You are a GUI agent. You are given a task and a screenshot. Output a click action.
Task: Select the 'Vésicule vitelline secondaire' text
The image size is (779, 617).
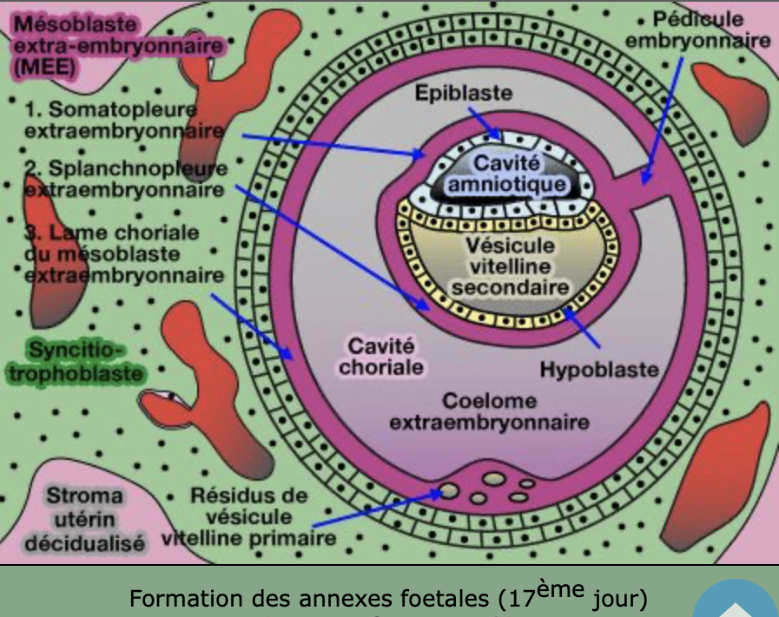point(510,266)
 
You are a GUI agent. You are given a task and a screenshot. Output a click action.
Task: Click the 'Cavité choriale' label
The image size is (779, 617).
point(382,357)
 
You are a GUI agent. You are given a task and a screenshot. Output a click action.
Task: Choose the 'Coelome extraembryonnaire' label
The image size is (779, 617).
point(489,412)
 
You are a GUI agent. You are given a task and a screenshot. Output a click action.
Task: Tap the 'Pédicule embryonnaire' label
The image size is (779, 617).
point(697,30)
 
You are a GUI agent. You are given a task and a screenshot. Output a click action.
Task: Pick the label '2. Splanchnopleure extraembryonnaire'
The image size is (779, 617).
point(122,177)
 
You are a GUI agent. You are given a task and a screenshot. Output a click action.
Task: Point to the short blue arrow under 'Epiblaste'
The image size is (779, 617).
point(483,121)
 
